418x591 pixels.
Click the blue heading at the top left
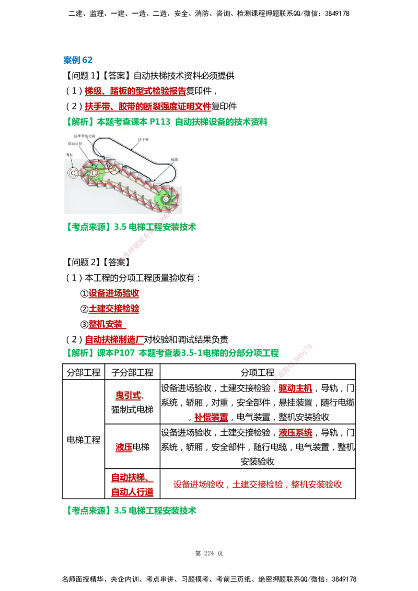click(78, 61)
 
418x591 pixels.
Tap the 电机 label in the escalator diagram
click(69, 155)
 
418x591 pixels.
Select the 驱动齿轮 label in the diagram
click(74, 143)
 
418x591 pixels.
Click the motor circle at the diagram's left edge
click(72, 173)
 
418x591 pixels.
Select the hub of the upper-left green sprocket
click(94, 172)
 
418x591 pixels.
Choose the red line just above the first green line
click(147, 107)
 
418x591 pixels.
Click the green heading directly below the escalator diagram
click(132, 228)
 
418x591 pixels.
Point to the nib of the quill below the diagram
click(122, 259)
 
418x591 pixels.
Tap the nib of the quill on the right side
click(267, 389)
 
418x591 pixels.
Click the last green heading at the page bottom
click(132, 511)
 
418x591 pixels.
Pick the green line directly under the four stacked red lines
click(173, 353)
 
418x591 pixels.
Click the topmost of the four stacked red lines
click(114, 294)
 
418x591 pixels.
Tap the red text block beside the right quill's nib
click(295, 389)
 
